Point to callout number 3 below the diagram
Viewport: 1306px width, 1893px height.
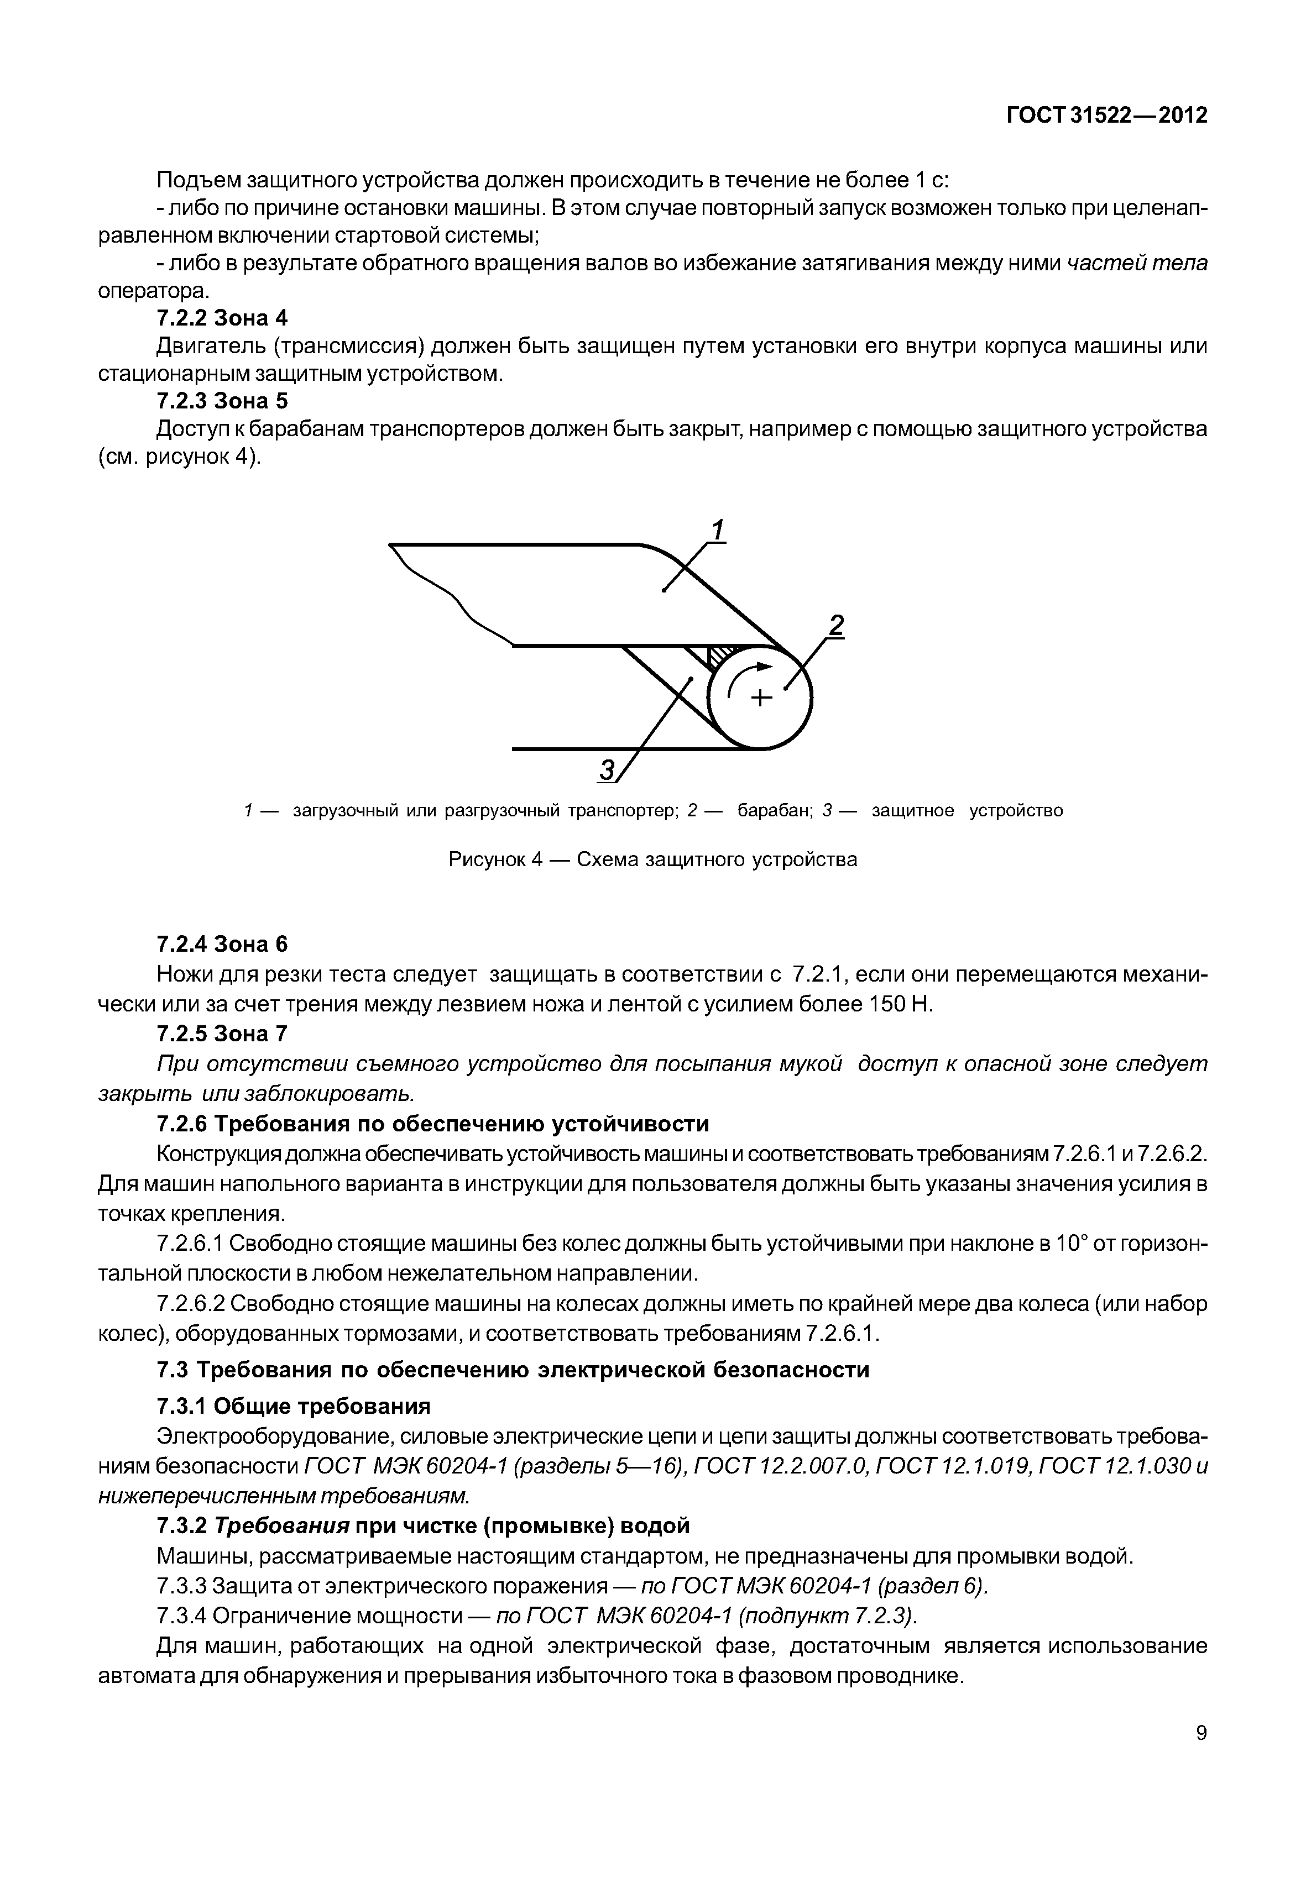607,769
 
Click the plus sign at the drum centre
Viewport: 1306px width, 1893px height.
761,697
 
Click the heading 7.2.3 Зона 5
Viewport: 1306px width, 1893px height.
222,401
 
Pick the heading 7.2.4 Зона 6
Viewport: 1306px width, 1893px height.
222,944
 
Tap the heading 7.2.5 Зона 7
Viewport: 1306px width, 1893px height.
222,1034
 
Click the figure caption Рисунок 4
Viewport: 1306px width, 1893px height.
652,860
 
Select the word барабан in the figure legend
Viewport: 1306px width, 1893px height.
774,811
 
